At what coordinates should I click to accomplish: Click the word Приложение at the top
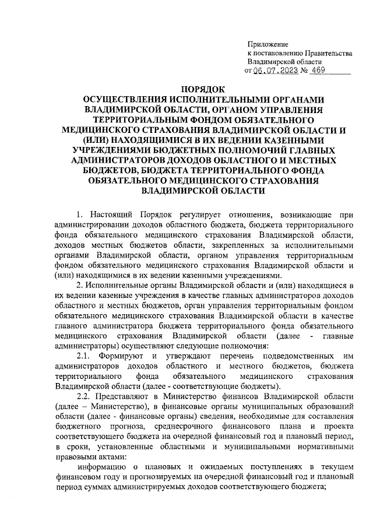click(268, 44)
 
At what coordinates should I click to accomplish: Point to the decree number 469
click(318, 71)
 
